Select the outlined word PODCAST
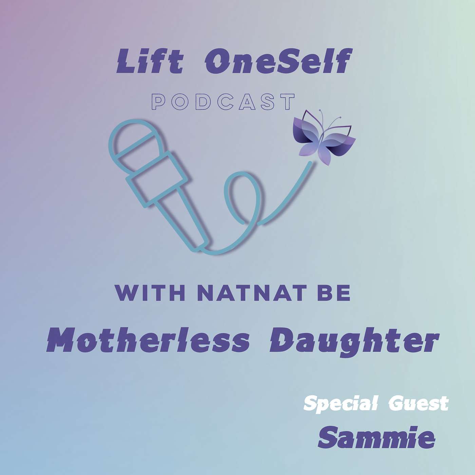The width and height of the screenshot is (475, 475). click(223, 101)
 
